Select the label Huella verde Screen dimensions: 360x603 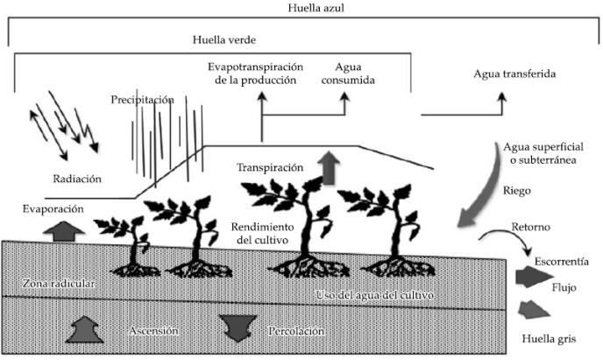(x=218, y=40)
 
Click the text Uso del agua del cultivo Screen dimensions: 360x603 (x=384, y=290)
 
